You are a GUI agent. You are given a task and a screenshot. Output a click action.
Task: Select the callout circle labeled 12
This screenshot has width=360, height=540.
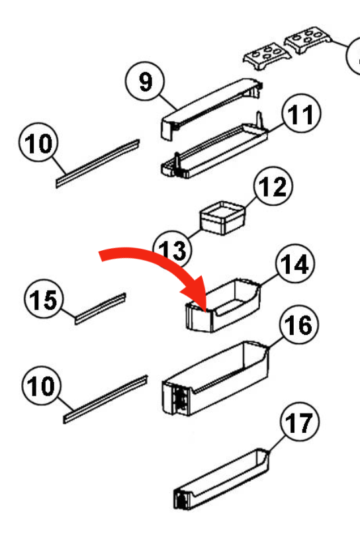[x=271, y=189]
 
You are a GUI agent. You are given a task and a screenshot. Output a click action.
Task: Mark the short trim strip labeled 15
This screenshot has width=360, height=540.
[x=100, y=308]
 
